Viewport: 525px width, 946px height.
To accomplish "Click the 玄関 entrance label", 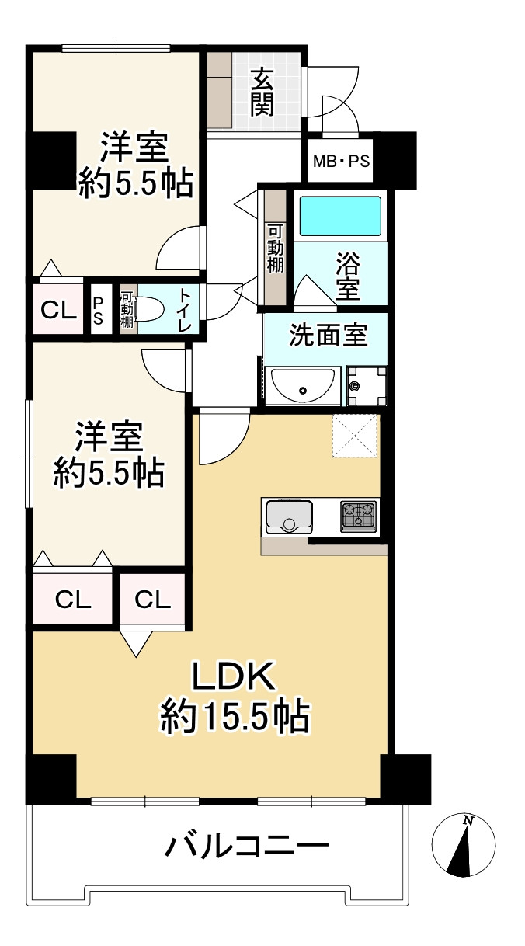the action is point(262,92).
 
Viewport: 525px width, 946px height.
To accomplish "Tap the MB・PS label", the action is point(341,162).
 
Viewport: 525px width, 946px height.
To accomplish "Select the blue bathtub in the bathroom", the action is point(340,216).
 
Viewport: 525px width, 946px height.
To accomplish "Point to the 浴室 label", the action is point(348,276).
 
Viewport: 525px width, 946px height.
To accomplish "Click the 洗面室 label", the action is point(329,336).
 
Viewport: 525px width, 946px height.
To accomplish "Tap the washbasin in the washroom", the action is point(303,385).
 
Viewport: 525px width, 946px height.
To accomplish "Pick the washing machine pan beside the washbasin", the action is point(367,385).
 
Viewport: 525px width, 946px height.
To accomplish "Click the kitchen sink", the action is point(289,516).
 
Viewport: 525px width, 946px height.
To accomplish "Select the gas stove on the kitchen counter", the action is point(358,516).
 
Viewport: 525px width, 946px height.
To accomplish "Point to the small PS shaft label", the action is point(98,311).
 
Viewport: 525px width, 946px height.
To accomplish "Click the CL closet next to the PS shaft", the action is point(58,311).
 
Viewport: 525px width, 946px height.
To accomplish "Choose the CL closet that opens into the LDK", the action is point(152,600).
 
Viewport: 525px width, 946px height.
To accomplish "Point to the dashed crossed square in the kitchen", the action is point(354,436).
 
